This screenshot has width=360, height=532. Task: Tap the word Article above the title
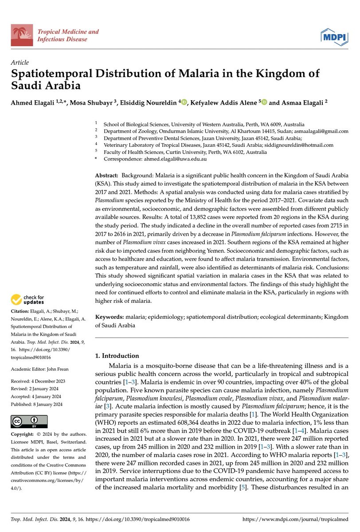(x=20, y=63)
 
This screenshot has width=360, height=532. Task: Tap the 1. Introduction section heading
(x=117, y=356)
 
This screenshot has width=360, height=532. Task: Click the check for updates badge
(x=29, y=300)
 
